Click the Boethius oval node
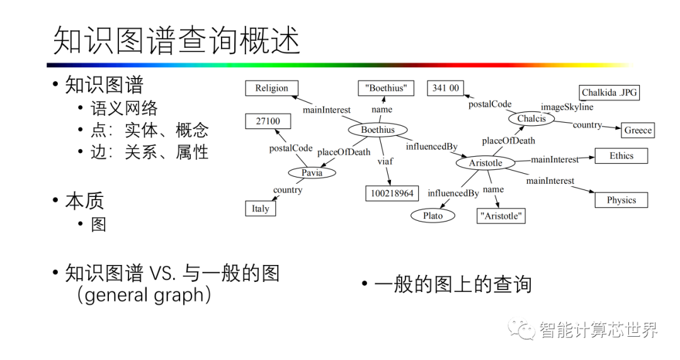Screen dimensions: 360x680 coord(378,130)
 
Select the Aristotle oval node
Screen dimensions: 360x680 coord(485,163)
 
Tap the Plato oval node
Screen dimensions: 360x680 coord(433,216)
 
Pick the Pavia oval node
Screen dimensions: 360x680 coord(312,172)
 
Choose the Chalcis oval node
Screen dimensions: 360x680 coord(531,118)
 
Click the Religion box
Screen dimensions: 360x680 coord(271,89)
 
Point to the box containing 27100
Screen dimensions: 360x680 coord(268,121)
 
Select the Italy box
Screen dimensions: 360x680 coord(260,208)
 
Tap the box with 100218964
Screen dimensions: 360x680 coord(392,193)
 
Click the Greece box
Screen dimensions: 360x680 coord(638,130)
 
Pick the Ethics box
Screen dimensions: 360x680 coord(621,156)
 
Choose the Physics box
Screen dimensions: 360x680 coord(621,200)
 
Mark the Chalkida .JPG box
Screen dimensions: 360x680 coord(609,93)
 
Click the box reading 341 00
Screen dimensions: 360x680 coord(446,88)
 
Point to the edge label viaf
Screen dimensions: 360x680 coord(385,161)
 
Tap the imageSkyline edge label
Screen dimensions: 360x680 coord(567,107)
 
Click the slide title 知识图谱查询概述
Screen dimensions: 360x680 coord(177,40)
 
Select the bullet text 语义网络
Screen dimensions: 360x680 coord(124,108)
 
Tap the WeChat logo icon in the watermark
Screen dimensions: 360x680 coord(522,327)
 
